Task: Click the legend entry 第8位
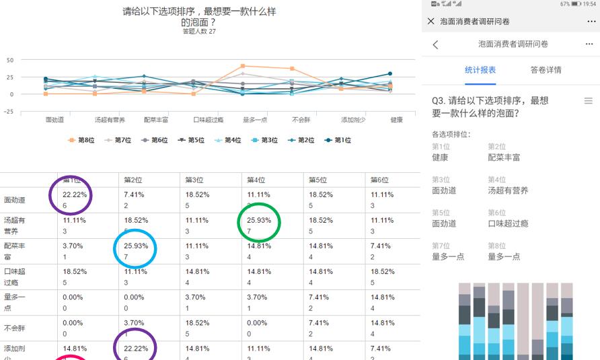click(81, 140)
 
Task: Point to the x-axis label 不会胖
click(300, 120)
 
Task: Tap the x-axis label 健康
click(397, 120)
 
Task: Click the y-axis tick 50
click(9, 60)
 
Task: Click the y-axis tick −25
click(8, 112)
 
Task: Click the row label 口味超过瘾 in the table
click(15, 277)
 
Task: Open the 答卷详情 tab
click(546, 70)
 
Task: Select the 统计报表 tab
click(480, 70)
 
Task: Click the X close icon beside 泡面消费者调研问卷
click(431, 22)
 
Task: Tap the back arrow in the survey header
click(435, 44)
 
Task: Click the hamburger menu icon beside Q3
click(588, 101)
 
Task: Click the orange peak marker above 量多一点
click(243, 66)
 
